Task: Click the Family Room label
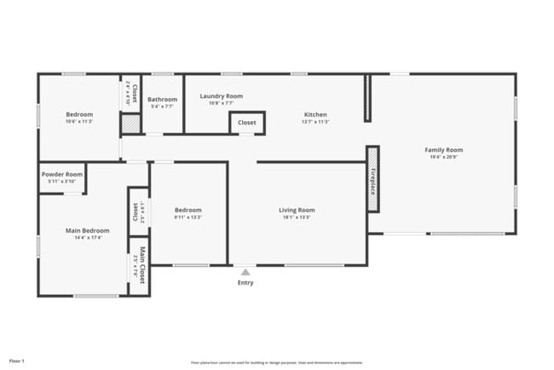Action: coord(443,150)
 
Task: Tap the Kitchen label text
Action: coord(315,114)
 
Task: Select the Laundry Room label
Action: coord(222,96)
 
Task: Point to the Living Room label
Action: coord(297,210)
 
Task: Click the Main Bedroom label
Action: coord(88,230)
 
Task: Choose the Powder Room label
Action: coord(62,174)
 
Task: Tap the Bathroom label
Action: coord(162,99)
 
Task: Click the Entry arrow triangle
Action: coord(245,273)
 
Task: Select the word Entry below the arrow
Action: coord(245,283)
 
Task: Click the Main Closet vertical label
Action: coord(141,264)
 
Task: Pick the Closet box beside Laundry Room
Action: coord(246,123)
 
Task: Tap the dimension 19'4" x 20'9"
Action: coord(443,158)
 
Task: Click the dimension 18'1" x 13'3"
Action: coord(297,217)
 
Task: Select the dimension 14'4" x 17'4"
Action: coord(88,238)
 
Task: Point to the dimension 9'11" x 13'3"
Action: coord(188,217)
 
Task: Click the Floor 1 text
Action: coord(17,361)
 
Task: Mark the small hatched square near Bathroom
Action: coord(130,124)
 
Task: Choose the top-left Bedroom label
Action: coord(79,114)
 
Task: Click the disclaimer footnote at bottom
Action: coord(277,361)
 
